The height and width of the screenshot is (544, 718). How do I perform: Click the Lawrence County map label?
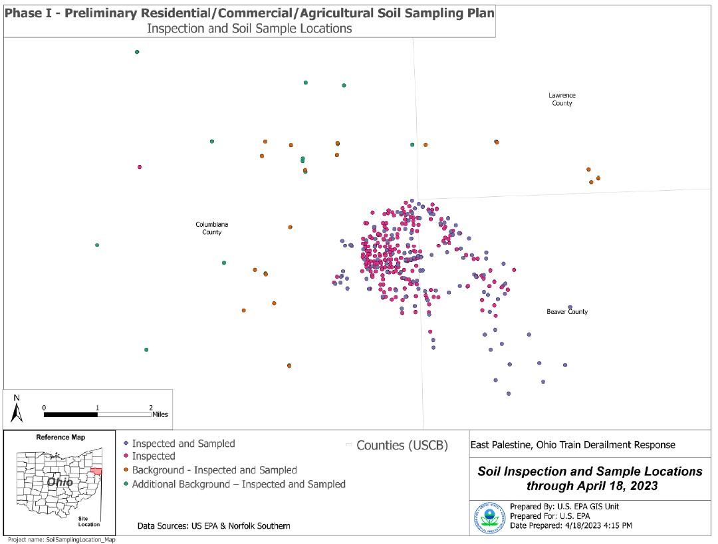(x=562, y=99)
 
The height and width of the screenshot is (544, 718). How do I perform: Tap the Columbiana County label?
(x=212, y=228)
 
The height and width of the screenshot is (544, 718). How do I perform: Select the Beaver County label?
(x=567, y=311)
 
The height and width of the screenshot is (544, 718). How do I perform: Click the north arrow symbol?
(x=17, y=410)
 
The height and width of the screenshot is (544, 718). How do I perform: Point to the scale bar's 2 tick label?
(x=151, y=407)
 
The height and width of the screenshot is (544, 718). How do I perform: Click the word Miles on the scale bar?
(x=160, y=414)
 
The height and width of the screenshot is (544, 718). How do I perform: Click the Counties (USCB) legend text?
(x=402, y=445)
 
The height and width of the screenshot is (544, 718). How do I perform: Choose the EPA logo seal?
(x=489, y=517)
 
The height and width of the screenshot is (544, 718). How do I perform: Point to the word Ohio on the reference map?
(x=59, y=481)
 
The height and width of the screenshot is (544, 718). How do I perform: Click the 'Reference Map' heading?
(x=60, y=438)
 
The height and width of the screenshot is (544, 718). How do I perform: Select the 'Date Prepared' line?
(x=571, y=525)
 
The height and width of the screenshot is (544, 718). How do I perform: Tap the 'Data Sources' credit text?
(x=213, y=526)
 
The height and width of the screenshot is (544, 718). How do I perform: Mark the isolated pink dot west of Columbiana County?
(x=140, y=168)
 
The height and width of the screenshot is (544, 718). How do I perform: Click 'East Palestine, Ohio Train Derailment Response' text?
(x=572, y=445)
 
